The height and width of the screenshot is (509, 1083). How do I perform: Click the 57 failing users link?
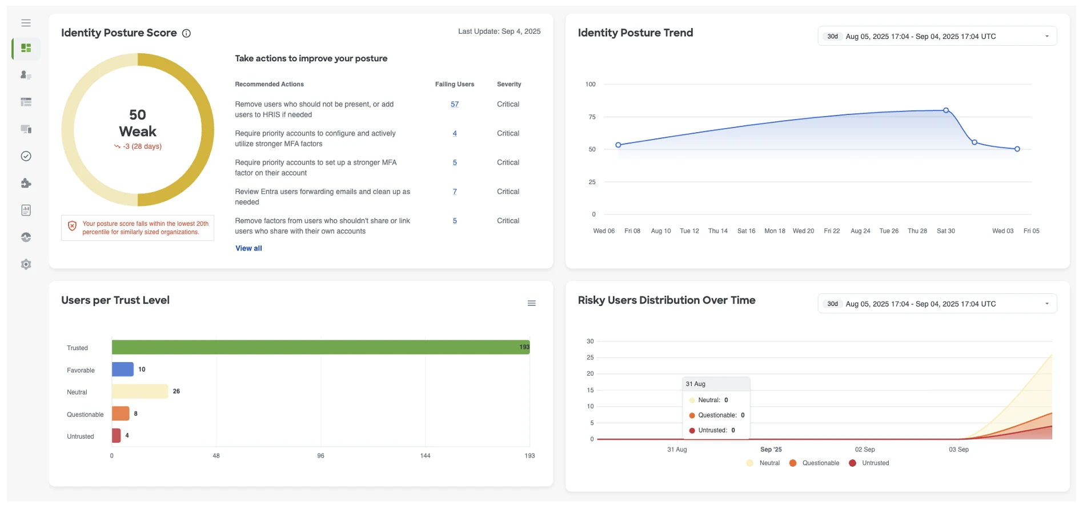455,104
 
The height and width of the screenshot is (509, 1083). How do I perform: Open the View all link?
248,248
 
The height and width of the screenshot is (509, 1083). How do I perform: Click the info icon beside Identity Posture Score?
186,33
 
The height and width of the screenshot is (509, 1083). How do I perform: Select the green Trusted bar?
320,347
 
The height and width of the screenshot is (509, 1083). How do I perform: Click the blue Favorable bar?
122,369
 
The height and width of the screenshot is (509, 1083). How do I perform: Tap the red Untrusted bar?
116,436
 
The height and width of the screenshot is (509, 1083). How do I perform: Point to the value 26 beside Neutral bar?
176,391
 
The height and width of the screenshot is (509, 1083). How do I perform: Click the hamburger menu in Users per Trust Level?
531,303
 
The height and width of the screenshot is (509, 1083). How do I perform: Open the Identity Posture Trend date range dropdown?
937,36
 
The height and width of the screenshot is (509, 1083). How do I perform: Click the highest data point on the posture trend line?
946,110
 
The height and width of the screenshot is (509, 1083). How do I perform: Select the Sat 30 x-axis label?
945,231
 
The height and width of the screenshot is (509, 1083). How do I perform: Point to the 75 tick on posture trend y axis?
592,117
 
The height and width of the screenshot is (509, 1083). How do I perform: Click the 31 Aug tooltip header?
696,384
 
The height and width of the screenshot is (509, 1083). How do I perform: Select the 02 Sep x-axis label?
864,450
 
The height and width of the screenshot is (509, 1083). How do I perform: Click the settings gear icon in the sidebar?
26,264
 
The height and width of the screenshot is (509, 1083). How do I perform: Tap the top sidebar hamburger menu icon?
26,23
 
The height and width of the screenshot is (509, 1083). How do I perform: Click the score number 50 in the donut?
138,115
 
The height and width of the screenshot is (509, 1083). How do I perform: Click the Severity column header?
508,84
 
